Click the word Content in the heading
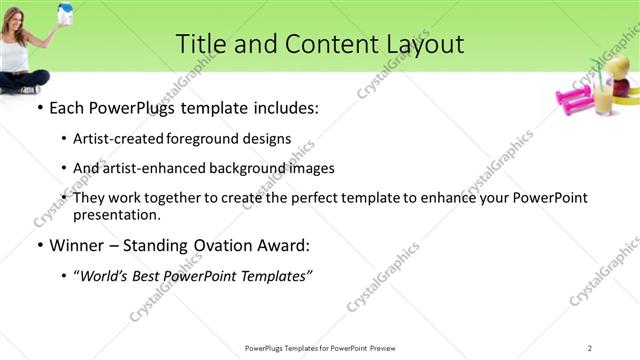point(323,44)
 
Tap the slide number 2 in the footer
point(590,347)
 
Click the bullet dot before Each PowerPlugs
point(39,108)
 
